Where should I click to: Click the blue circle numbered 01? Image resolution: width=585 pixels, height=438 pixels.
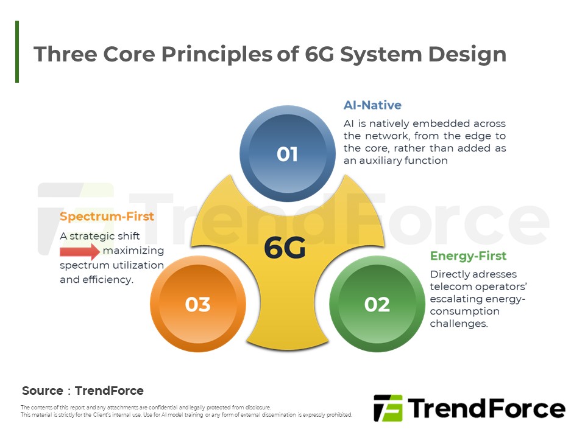[x=287, y=153]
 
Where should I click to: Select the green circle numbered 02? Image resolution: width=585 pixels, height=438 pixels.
[x=377, y=304]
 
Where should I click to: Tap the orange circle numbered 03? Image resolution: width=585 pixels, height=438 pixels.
[x=197, y=304]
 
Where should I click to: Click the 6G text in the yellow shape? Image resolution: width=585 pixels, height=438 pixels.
[x=285, y=248]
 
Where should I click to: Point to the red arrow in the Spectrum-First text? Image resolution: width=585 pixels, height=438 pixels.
[x=80, y=251]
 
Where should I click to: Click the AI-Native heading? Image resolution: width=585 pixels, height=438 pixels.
[x=372, y=105]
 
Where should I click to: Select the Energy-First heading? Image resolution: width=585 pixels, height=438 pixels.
[x=468, y=256]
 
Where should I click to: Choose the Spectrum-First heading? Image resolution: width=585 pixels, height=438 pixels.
[x=107, y=217]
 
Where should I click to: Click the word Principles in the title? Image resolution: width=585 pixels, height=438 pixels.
[x=217, y=54]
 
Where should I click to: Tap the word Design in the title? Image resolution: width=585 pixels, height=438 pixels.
[x=467, y=54]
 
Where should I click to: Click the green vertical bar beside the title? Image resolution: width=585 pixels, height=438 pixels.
[x=17, y=51]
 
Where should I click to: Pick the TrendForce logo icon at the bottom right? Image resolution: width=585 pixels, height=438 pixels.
[x=388, y=408]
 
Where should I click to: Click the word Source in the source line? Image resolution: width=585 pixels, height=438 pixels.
[x=43, y=391]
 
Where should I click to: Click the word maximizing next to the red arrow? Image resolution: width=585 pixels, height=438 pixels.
[x=133, y=251]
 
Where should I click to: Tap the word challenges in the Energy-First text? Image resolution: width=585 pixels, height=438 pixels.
[x=458, y=323]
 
